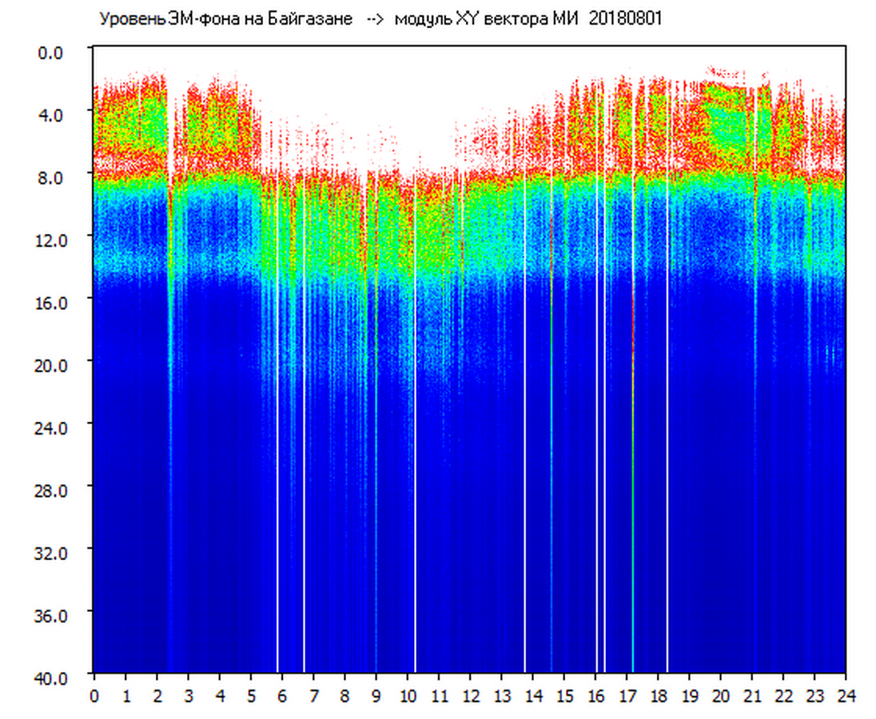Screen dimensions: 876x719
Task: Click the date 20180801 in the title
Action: pyautogui.click(x=625, y=19)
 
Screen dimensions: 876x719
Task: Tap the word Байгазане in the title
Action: pyautogui.click(x=309, y=19)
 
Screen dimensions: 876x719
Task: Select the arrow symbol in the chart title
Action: pyautogui.click(x=374, y=19)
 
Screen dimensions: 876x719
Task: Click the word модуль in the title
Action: pyautogui.click(x=423, y=19)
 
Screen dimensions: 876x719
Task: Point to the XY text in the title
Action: pyautogui.click(x=468, y=19)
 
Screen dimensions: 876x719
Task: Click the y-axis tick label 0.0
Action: pyautogui.click(x=50, y=53)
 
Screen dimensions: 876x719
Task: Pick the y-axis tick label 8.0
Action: pyautogui.click(x=50, y=178)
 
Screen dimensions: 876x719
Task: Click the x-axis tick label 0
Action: pyautogui.click(x=94, y=697)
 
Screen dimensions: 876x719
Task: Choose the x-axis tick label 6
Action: pyautogui.click(x=282, y=697)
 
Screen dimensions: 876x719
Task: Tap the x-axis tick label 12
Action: pyautogui.click(x=471, y=697)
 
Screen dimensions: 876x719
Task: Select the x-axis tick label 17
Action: pyautogui.click(x=627, y=697)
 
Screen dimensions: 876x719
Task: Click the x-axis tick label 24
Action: pyautogui.click(x=846, y=697)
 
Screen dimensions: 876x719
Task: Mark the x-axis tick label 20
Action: pyautogui.click(x=721, y=697)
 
